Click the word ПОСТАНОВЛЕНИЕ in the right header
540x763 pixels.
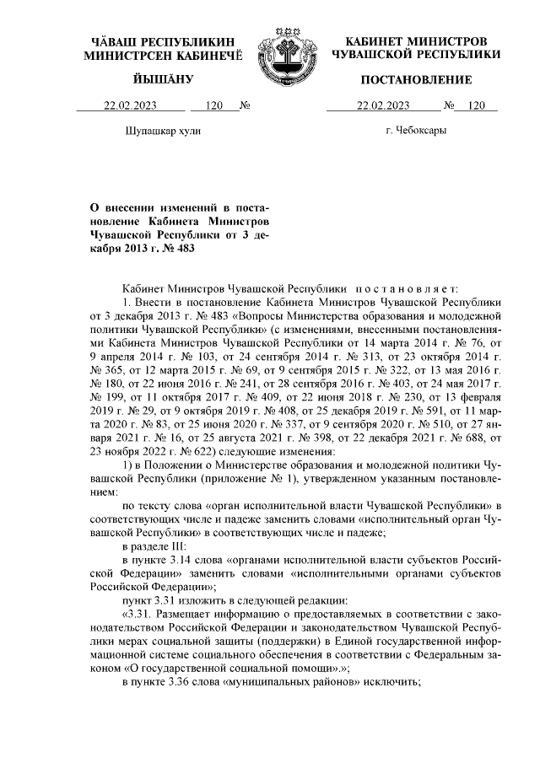coord(416,79)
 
